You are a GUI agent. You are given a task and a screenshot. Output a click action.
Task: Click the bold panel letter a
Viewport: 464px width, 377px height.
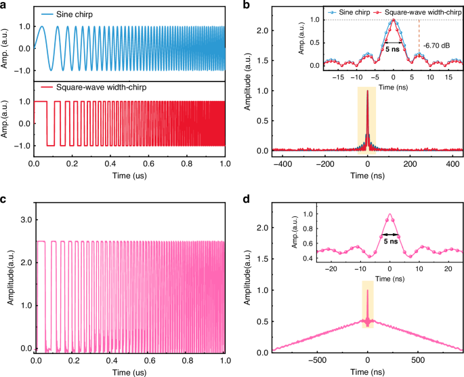[5, 5]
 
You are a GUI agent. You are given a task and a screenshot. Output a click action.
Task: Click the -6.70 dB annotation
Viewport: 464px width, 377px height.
[438, 46]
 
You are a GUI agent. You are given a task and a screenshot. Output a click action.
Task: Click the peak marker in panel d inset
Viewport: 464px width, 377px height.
[389, 215]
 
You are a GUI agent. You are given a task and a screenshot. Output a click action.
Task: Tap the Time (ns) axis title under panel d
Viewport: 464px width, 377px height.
[367, 372]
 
